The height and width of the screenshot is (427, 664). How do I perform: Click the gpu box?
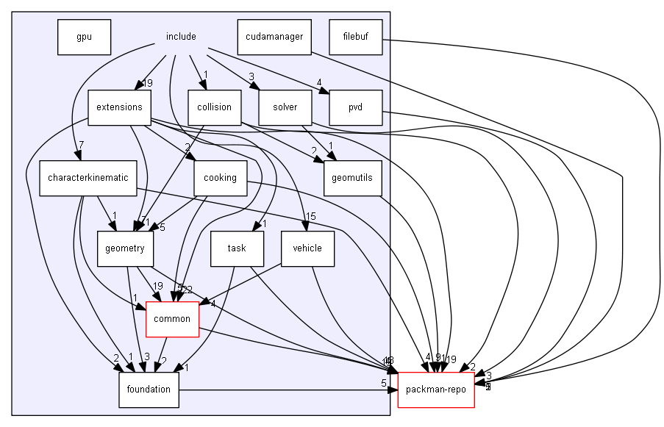(84, 37)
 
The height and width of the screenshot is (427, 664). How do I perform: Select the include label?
(181, 37)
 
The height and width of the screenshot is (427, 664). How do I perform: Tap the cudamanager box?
(274, 37)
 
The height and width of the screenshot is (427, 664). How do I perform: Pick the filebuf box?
(357, 37)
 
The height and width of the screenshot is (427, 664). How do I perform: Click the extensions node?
(119, 107)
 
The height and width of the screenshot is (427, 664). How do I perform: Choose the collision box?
(214, 107)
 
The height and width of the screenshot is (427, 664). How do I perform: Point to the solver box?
(285, 107)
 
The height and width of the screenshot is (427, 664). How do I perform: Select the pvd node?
(357, 107)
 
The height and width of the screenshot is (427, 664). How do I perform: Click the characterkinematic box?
(88, 178)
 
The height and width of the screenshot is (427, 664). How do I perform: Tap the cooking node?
(220, 178)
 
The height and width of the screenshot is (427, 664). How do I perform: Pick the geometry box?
(124, 248)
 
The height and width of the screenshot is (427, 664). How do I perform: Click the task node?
(237, 248)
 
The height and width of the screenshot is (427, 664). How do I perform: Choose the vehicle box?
(307, 248)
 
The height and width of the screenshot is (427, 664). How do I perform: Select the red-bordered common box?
(173, 319)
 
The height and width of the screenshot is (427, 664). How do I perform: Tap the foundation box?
(149, 390)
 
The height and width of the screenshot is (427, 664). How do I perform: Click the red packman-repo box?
(436, 390)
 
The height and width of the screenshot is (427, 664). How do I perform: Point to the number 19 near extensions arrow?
(147, 83)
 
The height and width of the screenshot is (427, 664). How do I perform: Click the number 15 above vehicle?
(310, 216)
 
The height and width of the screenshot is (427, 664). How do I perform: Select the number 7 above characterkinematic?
(81, 144)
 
